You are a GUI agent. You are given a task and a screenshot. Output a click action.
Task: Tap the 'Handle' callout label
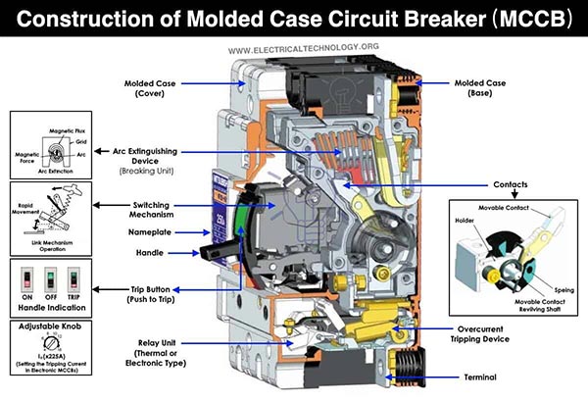(x=151, y=252)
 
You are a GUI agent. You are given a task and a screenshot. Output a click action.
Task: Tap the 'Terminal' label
(x=480, y=377)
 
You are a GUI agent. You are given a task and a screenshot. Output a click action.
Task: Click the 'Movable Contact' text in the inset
(x=505, y=209)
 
